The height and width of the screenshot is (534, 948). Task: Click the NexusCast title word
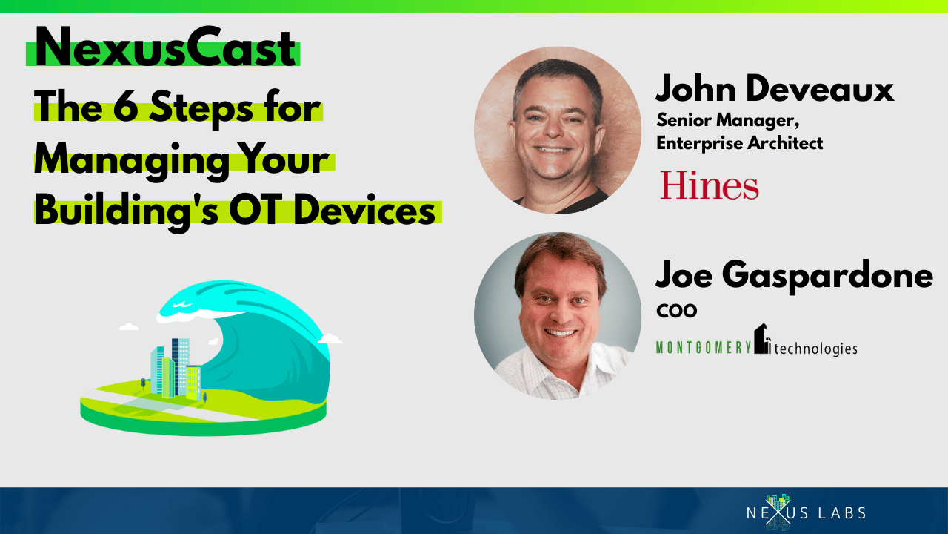point(165,47)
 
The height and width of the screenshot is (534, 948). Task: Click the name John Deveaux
point(775,88)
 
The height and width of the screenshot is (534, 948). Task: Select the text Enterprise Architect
point(739,143)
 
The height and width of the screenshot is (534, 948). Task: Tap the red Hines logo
point(710,185)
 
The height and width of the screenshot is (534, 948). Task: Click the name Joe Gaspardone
point(794,275)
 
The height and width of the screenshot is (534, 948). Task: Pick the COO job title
point(677,310)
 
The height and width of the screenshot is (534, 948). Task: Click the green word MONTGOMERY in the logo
point(704,348)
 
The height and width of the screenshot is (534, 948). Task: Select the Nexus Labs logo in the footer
point(806,512)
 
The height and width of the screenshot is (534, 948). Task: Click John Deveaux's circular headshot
point(558,130)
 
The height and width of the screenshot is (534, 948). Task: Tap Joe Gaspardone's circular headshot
point(558,316)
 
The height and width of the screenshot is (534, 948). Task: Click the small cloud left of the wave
point(129,326)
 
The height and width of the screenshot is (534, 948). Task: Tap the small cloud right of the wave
point(330,339)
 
